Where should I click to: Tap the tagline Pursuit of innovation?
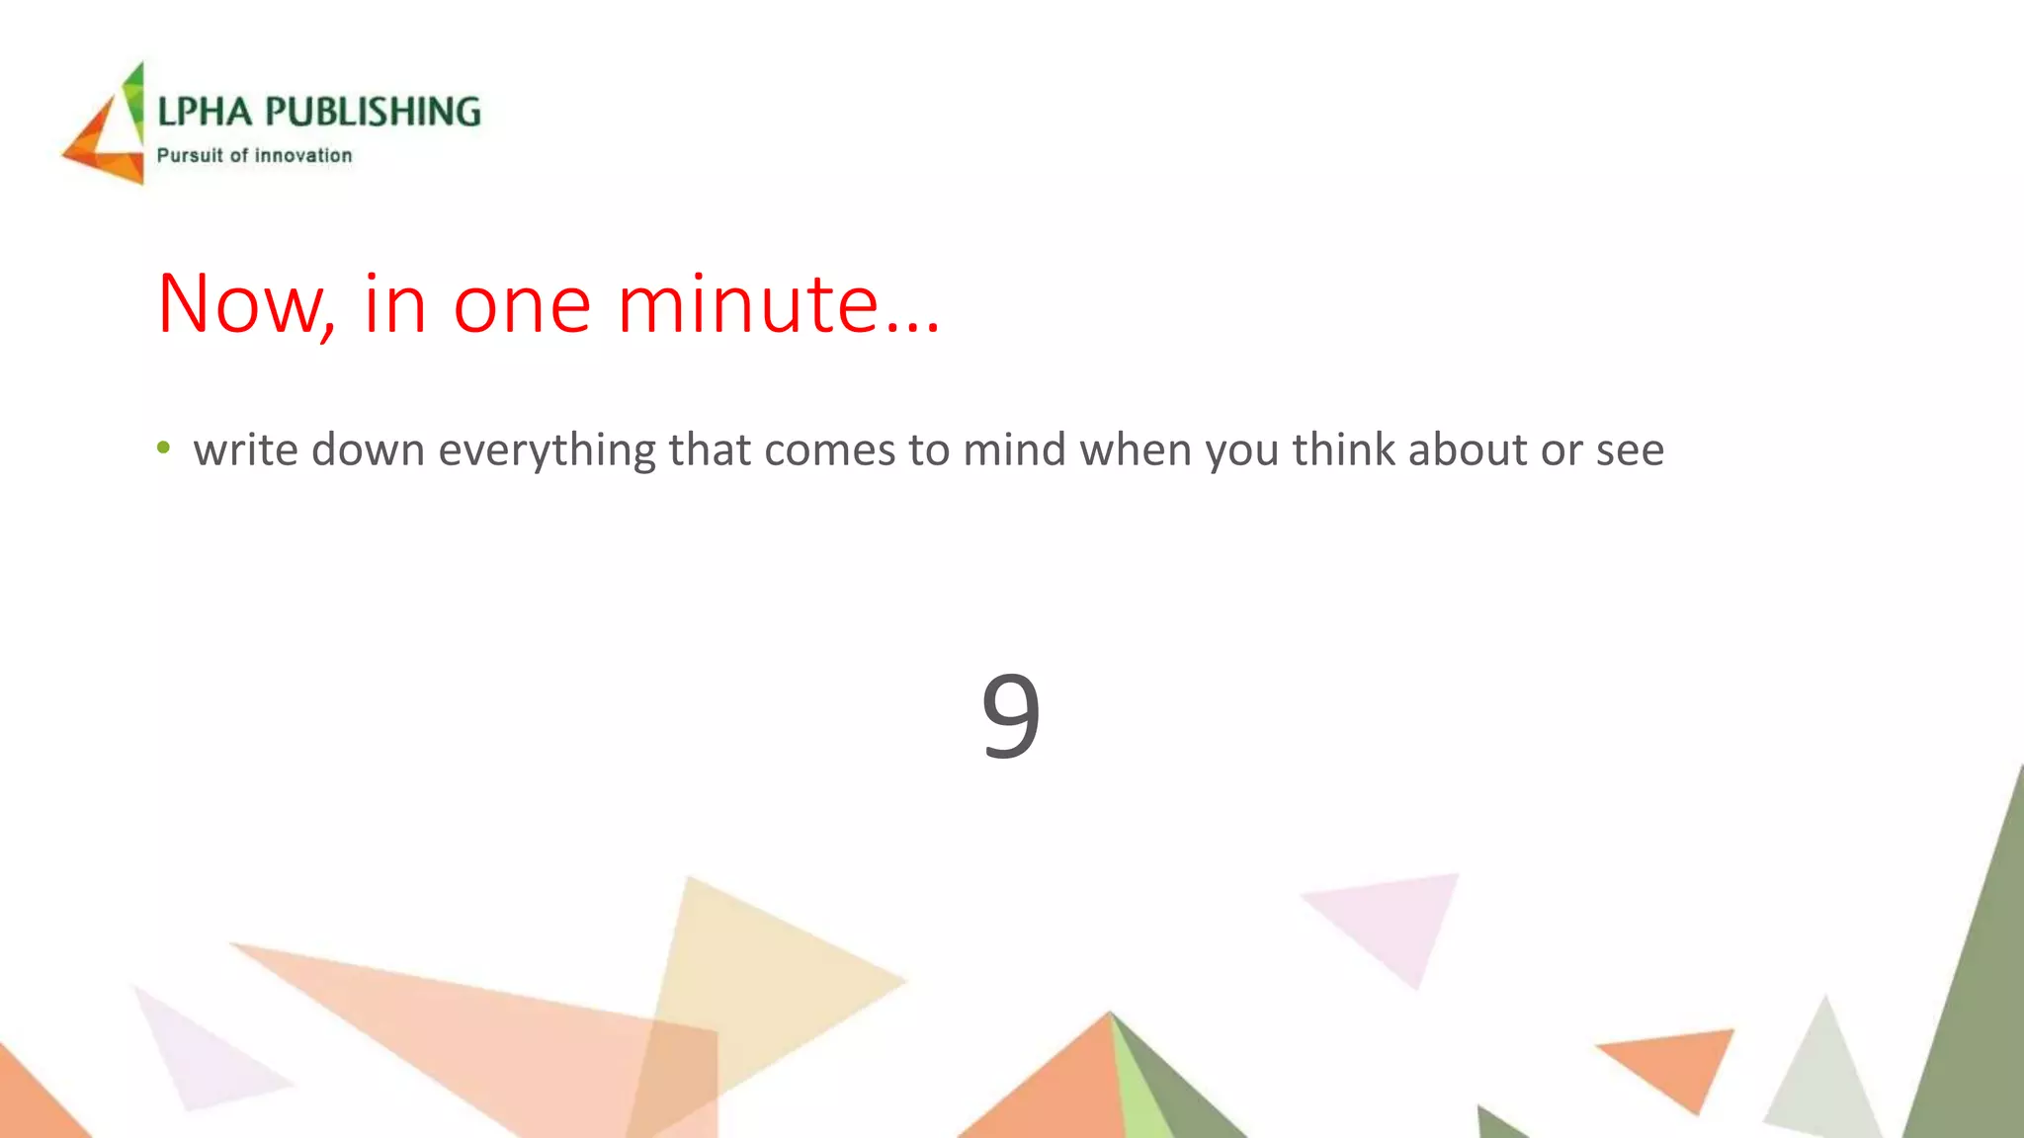click(254, 155)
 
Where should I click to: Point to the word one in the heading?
click(522, 306)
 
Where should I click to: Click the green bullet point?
click(163, 448)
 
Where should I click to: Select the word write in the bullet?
click(245, 449)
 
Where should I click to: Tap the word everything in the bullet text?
click(547, 451)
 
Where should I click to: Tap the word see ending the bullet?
click(1630, 451)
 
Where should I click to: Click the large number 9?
click(1010, 713)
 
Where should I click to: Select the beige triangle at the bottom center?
click(751, 968)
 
